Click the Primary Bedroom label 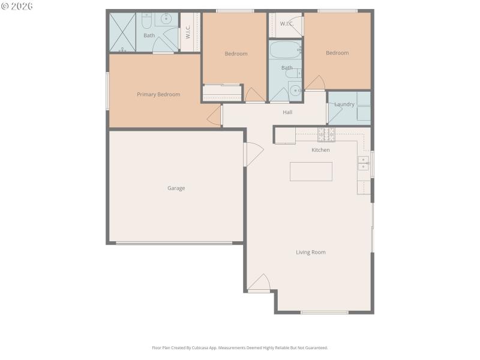[158, 94]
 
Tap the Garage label [176, 188]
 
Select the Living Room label [311, 252]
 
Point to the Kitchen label [320, 150]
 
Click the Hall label [288, 112]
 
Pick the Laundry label [344, 104]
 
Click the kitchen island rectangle [311, 171]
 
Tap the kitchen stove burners [326, 134]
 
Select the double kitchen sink [363, 163]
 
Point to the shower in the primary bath [122, 32]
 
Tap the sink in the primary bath [166, 20]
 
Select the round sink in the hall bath [295, 91]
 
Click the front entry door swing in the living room [260, 283]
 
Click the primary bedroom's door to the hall [215, 116]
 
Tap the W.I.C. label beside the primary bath [188, 32]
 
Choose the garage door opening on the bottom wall [174, 243]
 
